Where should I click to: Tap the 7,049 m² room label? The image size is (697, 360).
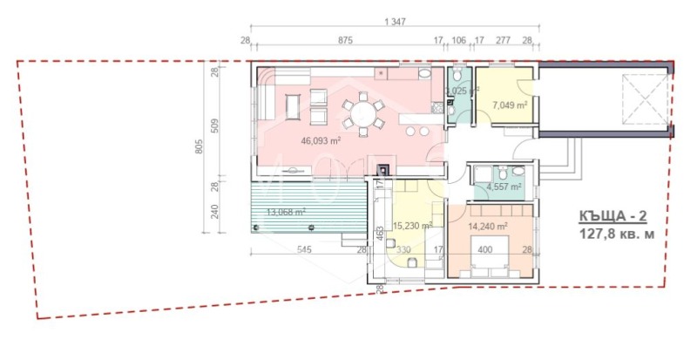point(512,105)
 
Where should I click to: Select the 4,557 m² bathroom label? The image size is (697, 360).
point(503,186)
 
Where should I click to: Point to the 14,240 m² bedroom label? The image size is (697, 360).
point(488,225)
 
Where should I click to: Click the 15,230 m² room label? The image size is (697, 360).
point(414,225)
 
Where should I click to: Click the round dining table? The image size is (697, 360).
point(362,113)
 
